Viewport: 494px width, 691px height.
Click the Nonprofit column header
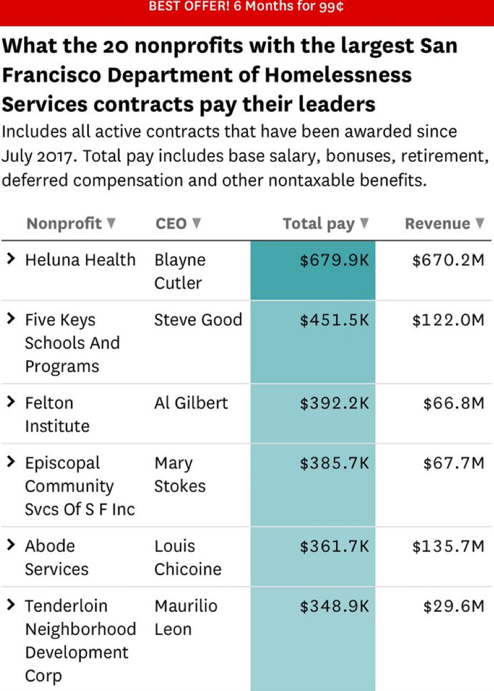[x=64, y=224]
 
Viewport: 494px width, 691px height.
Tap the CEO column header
[x=171, y=224]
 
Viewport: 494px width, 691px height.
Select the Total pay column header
[x=319, y=224]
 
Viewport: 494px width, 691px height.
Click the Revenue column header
[x=437, y=224]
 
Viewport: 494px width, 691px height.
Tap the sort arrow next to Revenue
[x=479, y=224]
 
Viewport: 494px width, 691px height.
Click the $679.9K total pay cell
[x=334, y=260]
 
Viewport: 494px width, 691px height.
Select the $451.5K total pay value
[x=334, y=320]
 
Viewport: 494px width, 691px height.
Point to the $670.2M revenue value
[x=448, y=260]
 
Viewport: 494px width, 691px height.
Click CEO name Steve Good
[x=198, y=320]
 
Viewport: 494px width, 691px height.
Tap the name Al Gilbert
[x=191, y=403]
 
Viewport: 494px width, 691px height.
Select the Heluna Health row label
[x=80, y=260]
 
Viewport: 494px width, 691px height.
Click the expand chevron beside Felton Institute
[x=10, y=402]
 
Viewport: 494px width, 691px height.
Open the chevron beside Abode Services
[x=10, y=545]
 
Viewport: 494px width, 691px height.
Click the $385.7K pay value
[x=334, y=463]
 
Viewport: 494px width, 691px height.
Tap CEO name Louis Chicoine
[x=188, y=557]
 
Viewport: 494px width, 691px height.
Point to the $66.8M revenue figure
[x=454, y=403]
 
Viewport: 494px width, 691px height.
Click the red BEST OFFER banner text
[x=246, y=7]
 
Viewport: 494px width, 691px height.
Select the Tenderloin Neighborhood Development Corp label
[x=80, y=640]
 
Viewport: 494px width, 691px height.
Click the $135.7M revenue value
[x=448, y=546]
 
